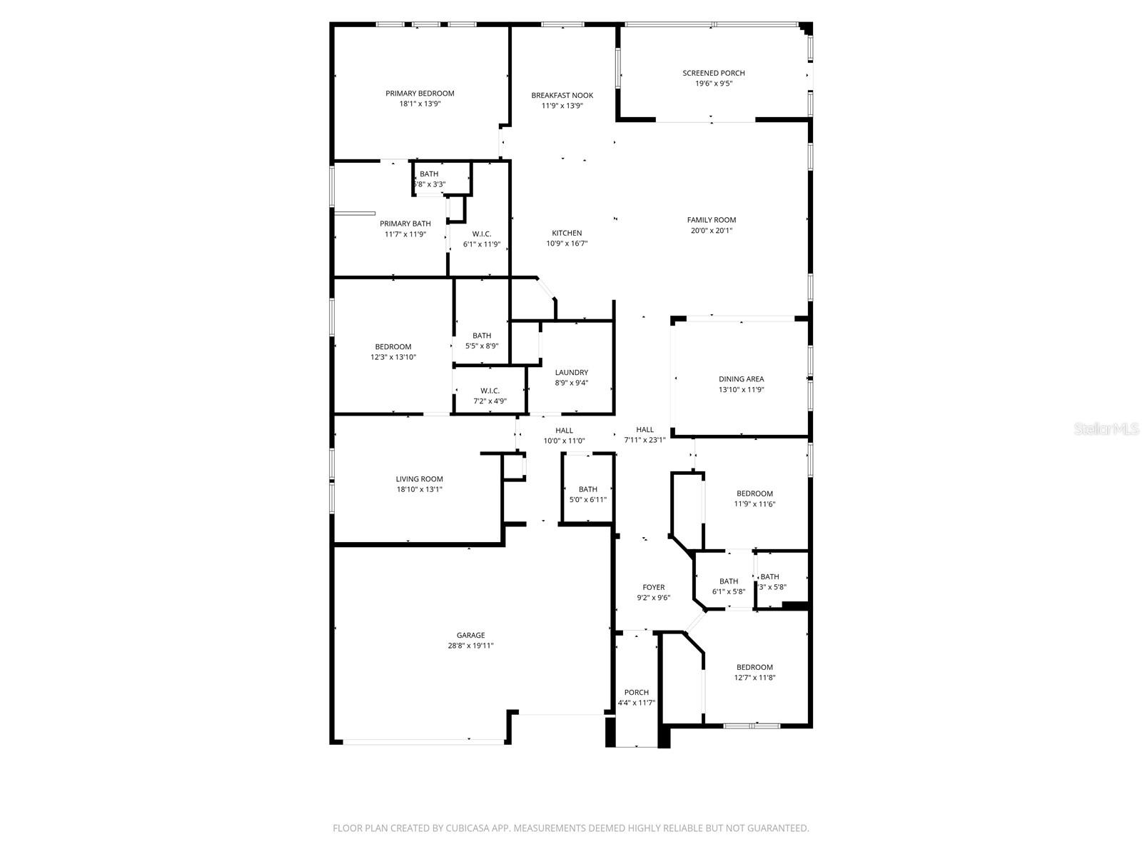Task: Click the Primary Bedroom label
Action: (x=420, y=94)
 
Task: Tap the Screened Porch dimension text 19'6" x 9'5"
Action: (x=714, y=84)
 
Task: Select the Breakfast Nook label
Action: (x=562, y=96)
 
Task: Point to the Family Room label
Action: (x=711, y=220)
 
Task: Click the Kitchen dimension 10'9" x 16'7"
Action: (x=567, y=244)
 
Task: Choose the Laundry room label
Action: (x=571, y=372)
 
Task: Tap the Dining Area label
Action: (x=741, y=379)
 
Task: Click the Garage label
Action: (x=470, y=635)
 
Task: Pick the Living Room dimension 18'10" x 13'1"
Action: (x=420, y=490)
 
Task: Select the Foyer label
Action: (x=653, y=587)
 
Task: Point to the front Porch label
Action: (x=636, y=692)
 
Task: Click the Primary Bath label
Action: (x=405, y=224)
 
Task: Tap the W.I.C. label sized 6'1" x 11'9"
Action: (x=482, y=234)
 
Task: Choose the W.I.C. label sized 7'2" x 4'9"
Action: (x=490, y=391)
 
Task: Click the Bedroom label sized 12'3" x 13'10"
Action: (x=393, y=347)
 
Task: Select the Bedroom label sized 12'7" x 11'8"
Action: (x=754, y=667)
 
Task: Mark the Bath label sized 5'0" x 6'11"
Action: (x=587, y=489)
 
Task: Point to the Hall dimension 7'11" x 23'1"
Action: (x=645, y=440)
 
